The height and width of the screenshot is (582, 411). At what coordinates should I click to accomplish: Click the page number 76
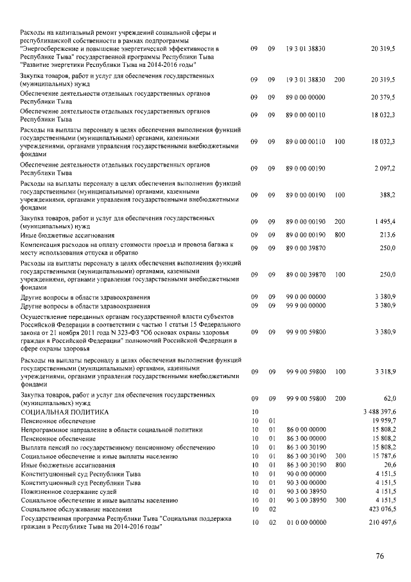[x=380, y=556]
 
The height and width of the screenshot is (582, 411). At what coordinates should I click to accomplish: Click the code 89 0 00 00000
[x=306, y=97]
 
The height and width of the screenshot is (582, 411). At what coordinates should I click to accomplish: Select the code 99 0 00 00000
[x=306, y=297]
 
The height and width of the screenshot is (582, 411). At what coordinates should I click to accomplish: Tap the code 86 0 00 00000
[x=306, y=429]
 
